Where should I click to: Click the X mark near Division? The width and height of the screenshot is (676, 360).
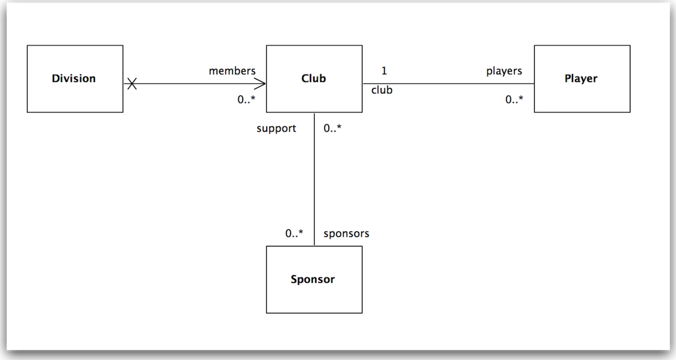pyautogui.click(x=132, y=84)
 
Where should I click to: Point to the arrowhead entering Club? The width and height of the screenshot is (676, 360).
pyautogui.click(x=260, y=84)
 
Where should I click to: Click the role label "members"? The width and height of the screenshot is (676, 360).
pyautogui.click(x=232, y=71)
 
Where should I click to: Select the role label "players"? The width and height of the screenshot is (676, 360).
pyautogui.click(x=504, y=71)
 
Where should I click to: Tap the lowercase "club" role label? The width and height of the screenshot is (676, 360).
pyautogui.click(x=382, y=90)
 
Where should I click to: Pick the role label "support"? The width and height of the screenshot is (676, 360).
pyautogui.click(x=276, y=129)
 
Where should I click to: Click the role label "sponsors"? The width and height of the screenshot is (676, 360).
pyautogui.click(x=346, y=233)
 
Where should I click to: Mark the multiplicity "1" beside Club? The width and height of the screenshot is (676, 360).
pyautogui.click(x=384, y=71)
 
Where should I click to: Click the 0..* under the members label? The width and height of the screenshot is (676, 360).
pyautogui.click(x=246, y=100)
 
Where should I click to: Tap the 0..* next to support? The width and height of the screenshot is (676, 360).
pyautogui.click(x=333, y=129)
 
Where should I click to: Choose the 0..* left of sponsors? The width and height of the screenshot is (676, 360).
pyautogui.click(x=294, y=233)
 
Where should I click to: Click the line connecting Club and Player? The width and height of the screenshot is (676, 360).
pyautogui.click(x=449, y=84)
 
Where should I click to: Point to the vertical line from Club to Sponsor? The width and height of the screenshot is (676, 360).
pyautogui.click(x=315, y=179)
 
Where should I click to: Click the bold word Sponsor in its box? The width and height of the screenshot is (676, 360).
pyautogui.click(x=313, y=279)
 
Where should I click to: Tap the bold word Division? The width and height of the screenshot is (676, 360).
pyautogui.click(x=74, y=78)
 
